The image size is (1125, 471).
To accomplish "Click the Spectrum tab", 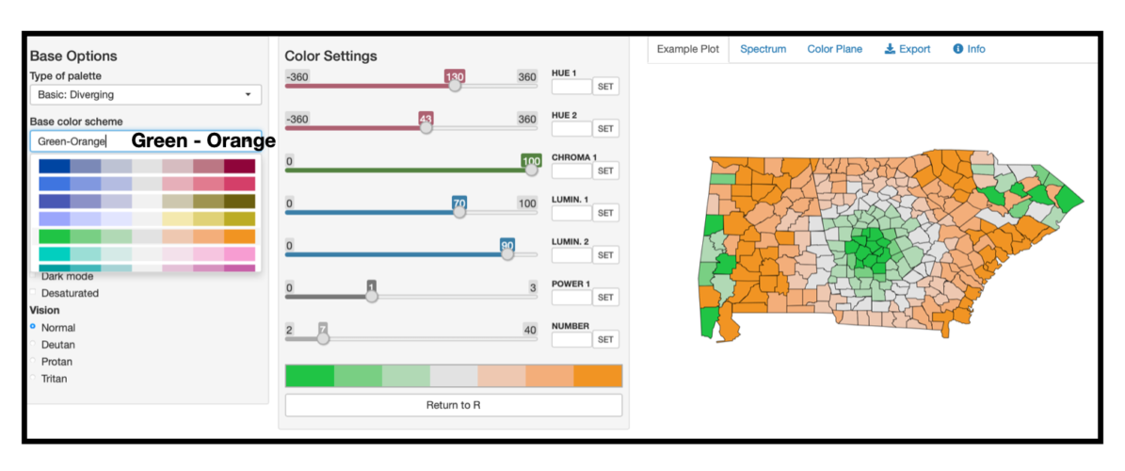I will click(x=763, y=49).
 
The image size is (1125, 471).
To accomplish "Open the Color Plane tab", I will click(x=834, y=49).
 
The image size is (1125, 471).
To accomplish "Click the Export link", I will click(x=908, y=49).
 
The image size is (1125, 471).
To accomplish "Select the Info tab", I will click(x=970, y=49).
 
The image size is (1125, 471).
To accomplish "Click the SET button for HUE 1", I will click(x=605, y=87).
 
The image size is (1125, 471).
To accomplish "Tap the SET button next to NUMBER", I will click(x=605, y=339).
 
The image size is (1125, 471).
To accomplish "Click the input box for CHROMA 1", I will click(x=571, y=171).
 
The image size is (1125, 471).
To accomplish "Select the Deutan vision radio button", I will click(x=34, y=345).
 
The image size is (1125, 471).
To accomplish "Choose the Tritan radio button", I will click(x=34, y=379).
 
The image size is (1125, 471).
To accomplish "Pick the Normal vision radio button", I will click(x=34, y=327).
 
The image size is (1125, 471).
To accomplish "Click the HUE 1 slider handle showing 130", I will click(x=455, y=85).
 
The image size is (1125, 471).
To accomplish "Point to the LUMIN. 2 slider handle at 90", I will click(x=507, y=253).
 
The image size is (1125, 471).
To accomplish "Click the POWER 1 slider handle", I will click(x=372, y=296).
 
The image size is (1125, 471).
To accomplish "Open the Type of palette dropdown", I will click(x=145, y=95).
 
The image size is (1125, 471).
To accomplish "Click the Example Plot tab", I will click(x=687, y=49).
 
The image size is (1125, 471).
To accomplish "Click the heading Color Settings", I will click(x=330, y=57).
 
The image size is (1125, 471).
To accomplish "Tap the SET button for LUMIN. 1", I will click(x=605, y=213).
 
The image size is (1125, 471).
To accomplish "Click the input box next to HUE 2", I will click(x=571, y=128).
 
